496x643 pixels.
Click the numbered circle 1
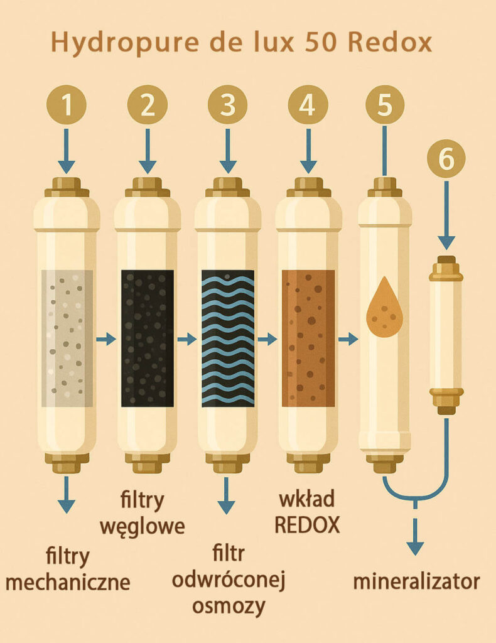tap(67, 105)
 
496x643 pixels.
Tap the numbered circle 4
tap(308, 105)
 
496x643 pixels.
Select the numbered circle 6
tap(446, 158)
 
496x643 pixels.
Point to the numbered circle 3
tap(227, 105)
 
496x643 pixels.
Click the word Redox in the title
tap(391, 41)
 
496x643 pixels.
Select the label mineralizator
tap(416, 581)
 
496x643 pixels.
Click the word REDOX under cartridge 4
tap(308, 524)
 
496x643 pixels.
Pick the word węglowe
tap(143, 526)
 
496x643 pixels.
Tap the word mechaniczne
tap(68, 581)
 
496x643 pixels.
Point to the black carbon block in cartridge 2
tap(148, 338)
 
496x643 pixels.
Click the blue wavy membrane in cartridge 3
tap(228, 338)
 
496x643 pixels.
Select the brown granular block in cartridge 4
tap(308, 338)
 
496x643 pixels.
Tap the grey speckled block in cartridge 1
tap(67, 338)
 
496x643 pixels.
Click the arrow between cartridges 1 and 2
tap(106, 338)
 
